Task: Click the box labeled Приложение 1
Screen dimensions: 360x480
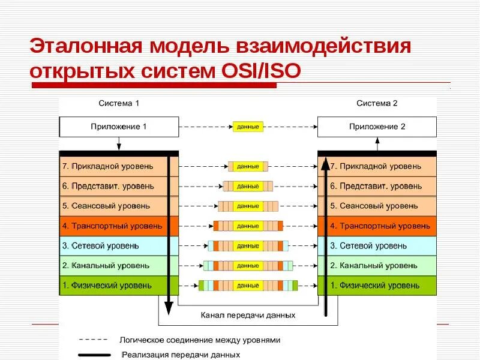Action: (119, 127)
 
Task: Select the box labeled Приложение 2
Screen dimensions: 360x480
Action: (377, 127)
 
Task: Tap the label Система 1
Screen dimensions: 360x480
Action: (119, 103)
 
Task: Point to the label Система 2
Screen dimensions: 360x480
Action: (377, 103)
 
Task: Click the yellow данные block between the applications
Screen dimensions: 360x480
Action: (248, 127)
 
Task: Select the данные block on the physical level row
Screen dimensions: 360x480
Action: (248, 286)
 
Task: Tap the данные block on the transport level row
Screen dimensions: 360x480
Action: (248, 226)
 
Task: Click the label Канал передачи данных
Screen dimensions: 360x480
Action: (248, 314)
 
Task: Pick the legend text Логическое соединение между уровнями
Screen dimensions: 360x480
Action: (200, 340)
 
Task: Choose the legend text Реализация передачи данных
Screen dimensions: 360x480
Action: (181, 355)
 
